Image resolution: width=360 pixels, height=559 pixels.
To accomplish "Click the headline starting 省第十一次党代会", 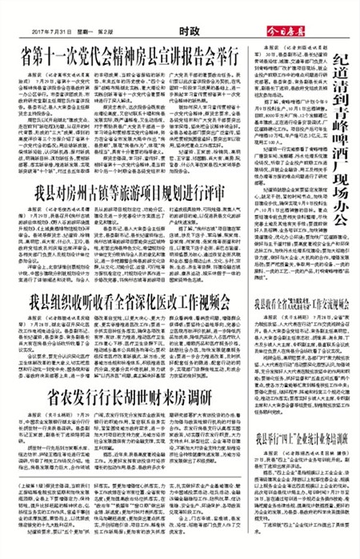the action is coord(134,54).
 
